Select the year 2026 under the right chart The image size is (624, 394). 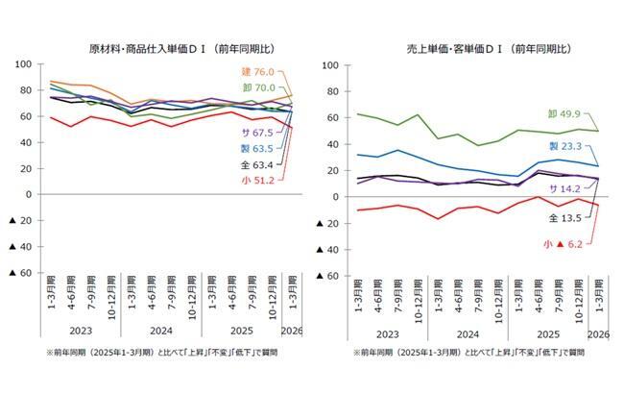[598, 334]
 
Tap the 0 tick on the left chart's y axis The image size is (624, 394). [29, 194]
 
